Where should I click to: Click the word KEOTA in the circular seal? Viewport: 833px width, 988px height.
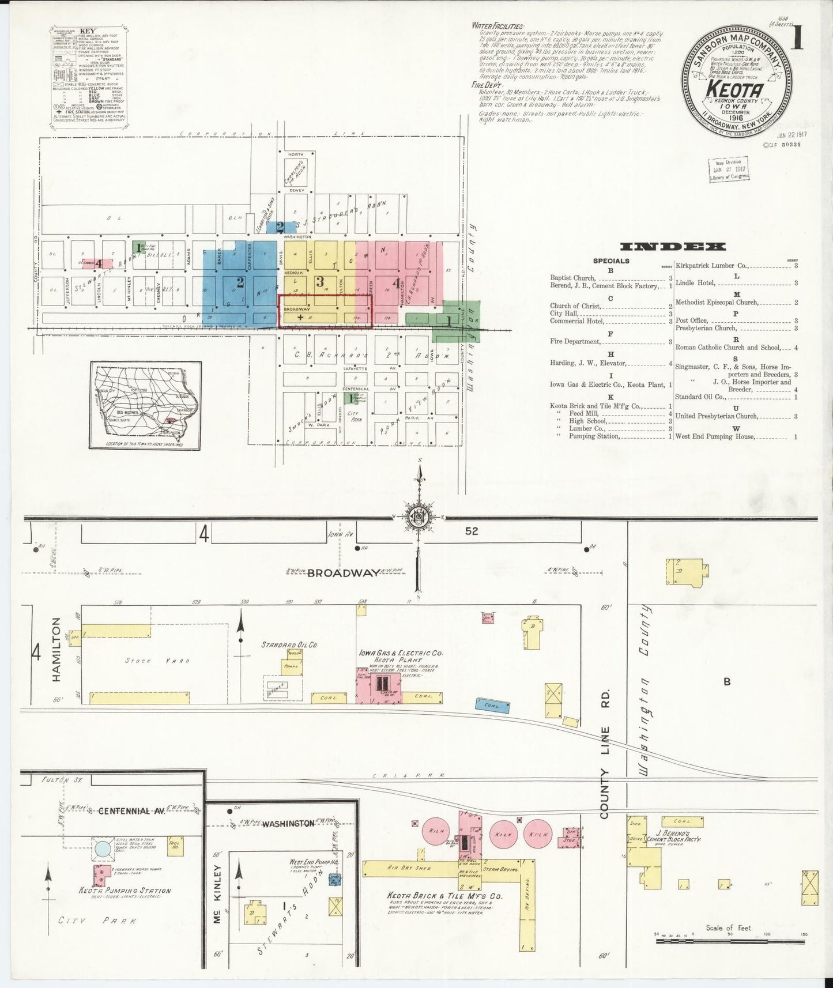[x=740, y=90]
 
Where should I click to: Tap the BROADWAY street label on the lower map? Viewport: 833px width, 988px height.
[x=343, y=573]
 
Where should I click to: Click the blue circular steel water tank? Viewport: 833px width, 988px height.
[x=103, y=849]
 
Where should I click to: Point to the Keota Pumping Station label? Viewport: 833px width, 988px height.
[x=124, y=891]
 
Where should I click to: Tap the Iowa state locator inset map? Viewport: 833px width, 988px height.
[x=145, y=405]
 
